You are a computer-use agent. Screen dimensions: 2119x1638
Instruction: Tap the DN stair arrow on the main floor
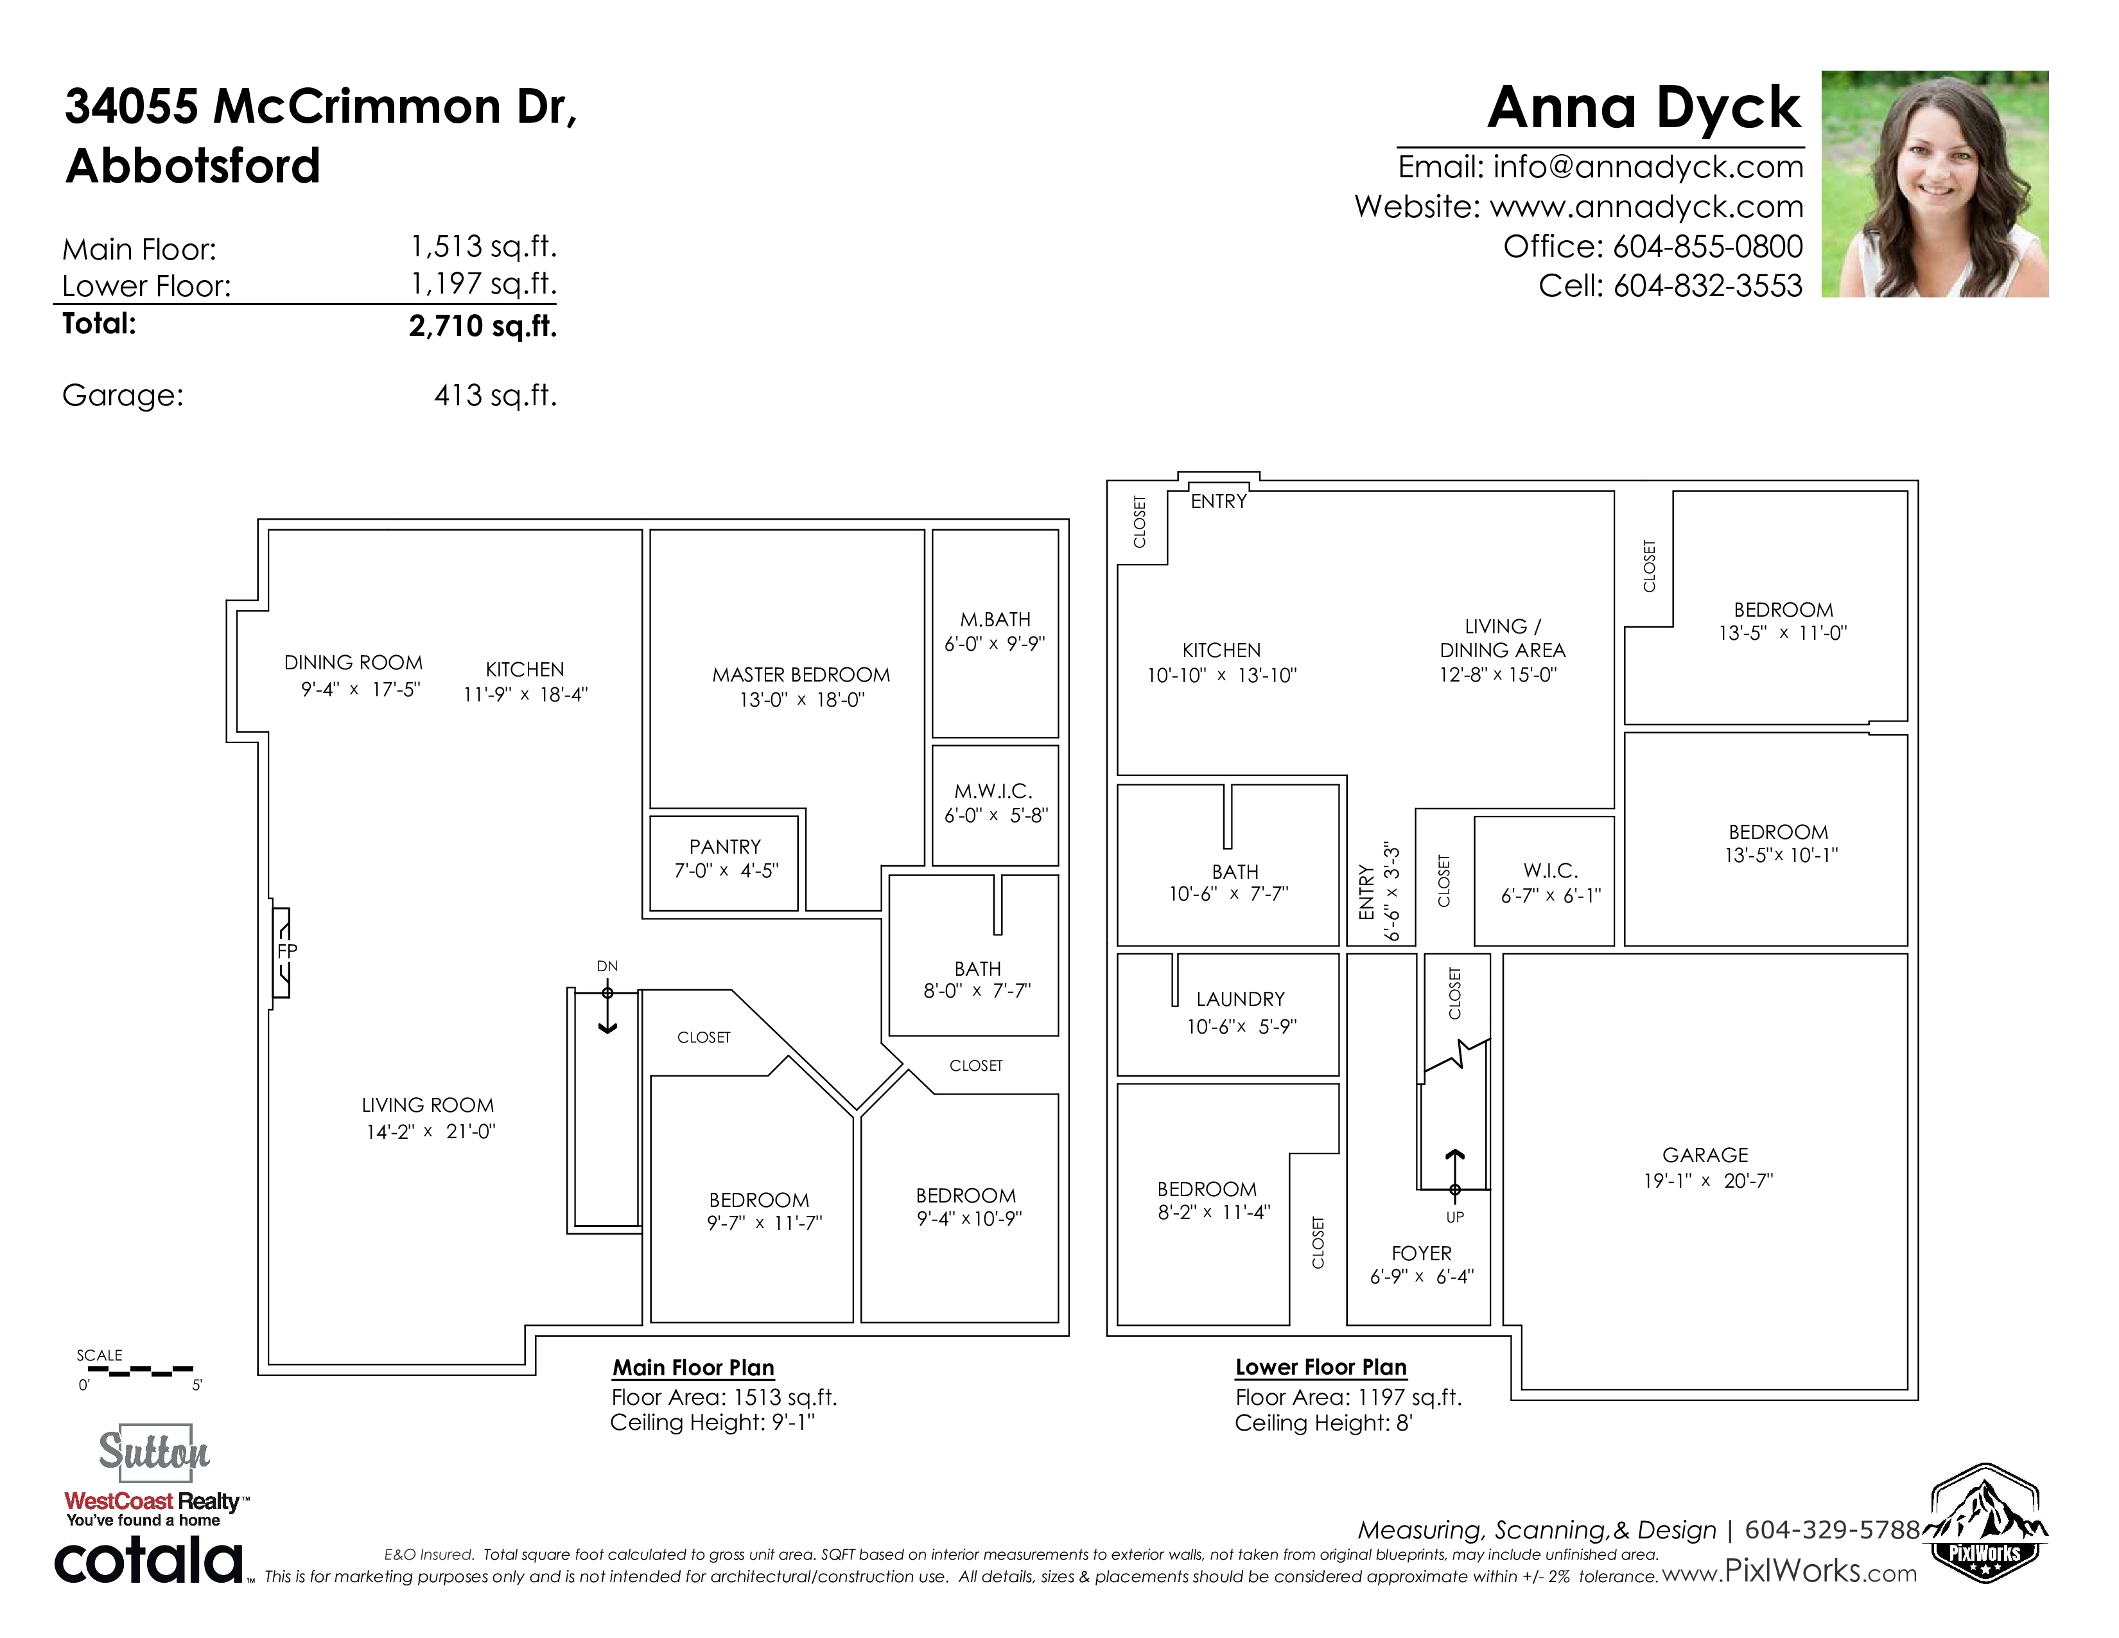pos(607,1010)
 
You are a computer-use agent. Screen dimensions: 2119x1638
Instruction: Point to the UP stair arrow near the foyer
pos(1454,1173)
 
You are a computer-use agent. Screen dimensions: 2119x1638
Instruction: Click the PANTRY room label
pos(725,846)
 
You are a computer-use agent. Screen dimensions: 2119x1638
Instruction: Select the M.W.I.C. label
pos(993,791)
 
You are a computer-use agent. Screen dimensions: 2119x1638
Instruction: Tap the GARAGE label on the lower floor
pos(1705,1155)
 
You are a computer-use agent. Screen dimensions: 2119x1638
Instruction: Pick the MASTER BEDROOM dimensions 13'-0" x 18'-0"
pos(801,700)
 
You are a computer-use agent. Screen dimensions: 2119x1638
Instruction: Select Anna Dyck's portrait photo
pos(1935,184)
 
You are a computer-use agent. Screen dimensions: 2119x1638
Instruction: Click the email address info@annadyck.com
pos(1648,167)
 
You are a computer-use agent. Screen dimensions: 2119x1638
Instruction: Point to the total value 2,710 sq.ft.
pos(482,326)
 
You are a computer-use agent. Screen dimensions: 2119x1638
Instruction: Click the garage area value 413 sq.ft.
pos(495,395)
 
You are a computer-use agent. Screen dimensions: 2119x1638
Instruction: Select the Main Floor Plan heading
pos(693,1368)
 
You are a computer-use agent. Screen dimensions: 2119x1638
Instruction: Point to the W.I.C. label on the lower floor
pos(1551,870)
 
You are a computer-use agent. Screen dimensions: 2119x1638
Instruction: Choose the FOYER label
pos(1422,1253)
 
